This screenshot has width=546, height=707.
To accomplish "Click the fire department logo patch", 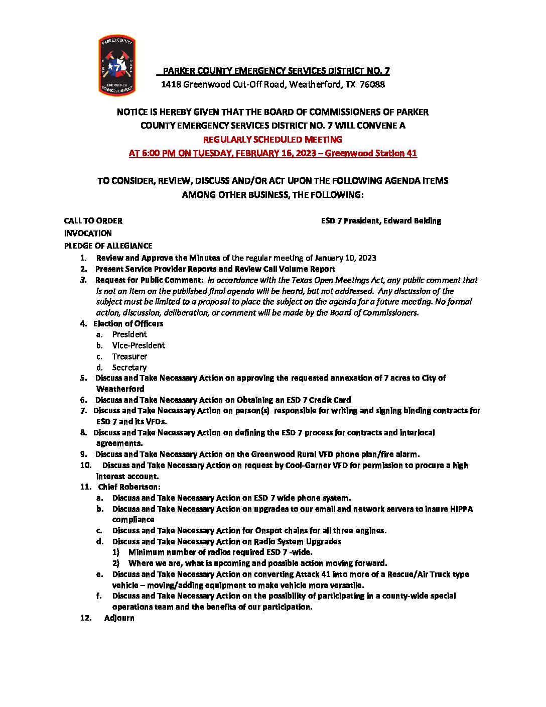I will [117, 65].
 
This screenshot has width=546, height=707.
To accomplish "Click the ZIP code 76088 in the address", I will [372, 84].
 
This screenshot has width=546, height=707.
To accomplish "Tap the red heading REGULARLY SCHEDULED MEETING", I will [272, 140].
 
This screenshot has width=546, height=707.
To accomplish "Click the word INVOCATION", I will [88, 233].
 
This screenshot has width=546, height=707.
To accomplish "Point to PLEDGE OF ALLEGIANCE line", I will [108, 246].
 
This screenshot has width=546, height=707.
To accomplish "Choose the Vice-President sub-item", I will [139, 345].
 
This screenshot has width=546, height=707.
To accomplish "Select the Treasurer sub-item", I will [129, 357].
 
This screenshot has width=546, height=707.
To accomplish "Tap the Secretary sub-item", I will [129, 368].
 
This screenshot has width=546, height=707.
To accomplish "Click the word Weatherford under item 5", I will [120, 389].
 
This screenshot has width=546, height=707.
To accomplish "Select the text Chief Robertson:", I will [129, 487].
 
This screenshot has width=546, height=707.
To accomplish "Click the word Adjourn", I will [119, 618].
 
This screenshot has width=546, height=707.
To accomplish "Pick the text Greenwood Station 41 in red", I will [370, 153].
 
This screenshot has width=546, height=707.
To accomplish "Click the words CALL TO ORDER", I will [93, 221].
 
